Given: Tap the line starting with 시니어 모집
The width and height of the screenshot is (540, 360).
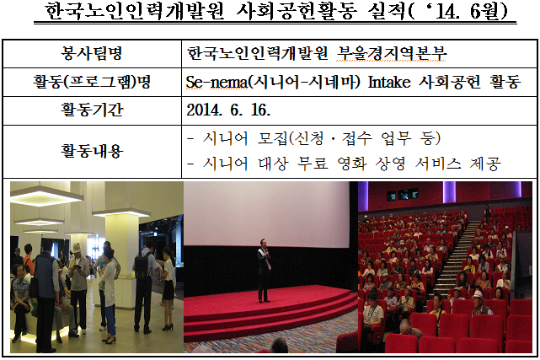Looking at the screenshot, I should point(320,138).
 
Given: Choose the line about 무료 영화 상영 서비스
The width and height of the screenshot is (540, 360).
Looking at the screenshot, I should point(345,164).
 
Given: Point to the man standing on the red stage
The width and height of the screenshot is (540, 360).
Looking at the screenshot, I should point(265,271).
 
